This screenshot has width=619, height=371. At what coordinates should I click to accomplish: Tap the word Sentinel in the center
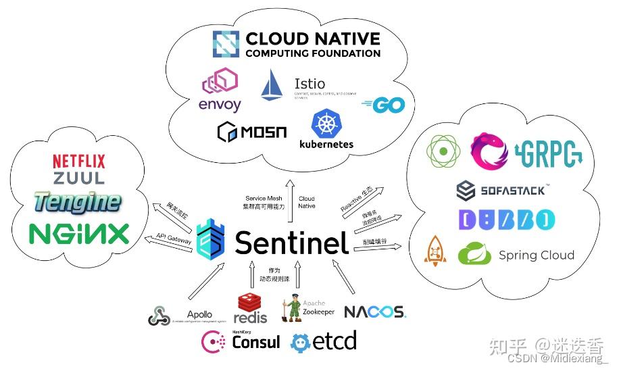pyautogui.click(x=292, y=242)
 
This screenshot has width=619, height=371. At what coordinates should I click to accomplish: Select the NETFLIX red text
pyautogui.click(x=79, y=162)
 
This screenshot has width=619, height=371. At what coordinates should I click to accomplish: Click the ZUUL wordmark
pyautogui.click(x=79, y=178)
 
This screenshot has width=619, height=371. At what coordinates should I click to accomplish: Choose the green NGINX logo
pyautogui.click(x=79, y=233)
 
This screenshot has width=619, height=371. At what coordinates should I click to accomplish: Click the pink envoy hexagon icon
pyautogui.click(x=220, y=83)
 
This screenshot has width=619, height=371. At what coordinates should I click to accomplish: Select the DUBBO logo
pyautogui.click(x=506, y=220)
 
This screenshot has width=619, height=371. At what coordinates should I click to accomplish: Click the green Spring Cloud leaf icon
pyautogui.click(x=474, y=254)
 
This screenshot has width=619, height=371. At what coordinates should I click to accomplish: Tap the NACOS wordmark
pyautogui.click(x=374, y=312)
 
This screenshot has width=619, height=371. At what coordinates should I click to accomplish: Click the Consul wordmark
pyautogui.click(x=255, y=342)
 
